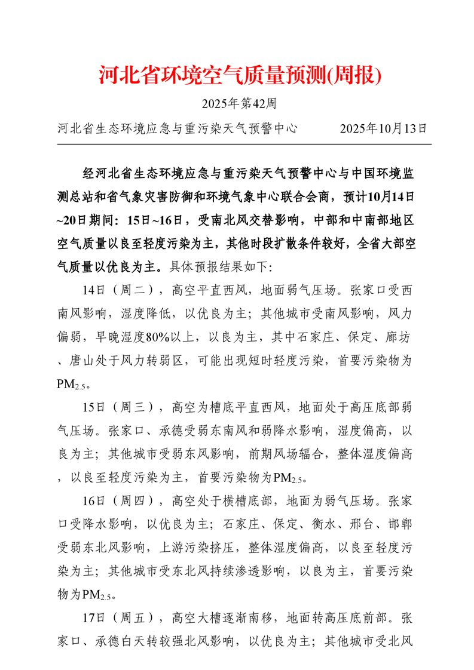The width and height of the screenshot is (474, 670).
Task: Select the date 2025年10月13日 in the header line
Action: pyautogui.click(x=383, y=128)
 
